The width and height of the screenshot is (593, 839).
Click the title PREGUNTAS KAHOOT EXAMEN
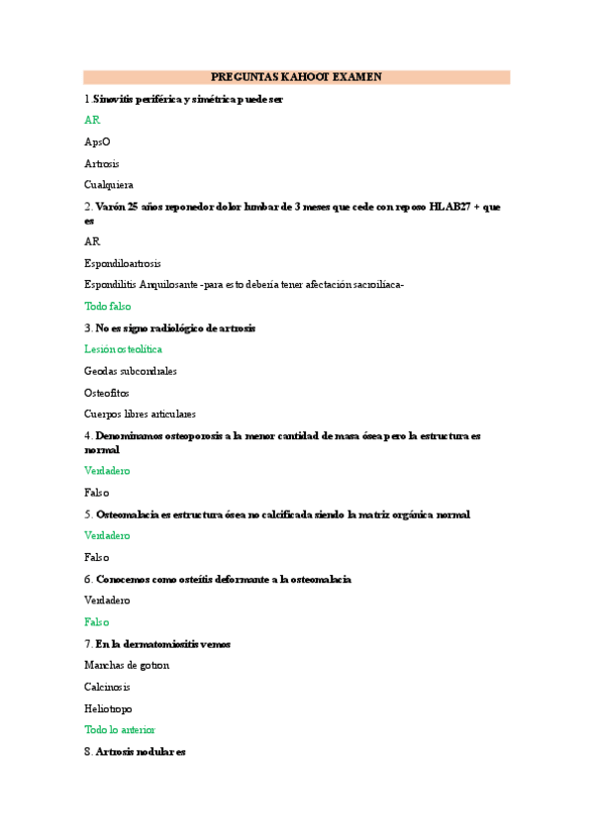click(296, 77)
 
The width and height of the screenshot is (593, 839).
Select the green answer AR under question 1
click(92, 120)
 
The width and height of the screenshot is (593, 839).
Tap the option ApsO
click(97, 141)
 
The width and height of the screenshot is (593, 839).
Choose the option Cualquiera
click(109, 185)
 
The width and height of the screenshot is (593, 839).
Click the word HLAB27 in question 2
click(451, 207)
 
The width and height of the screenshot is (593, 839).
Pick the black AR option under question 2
click(92, 241)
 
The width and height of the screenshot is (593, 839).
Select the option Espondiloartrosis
click(123, 263)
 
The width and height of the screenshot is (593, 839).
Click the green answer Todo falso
click(108, 307)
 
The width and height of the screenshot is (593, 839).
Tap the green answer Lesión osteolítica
click(124, 349)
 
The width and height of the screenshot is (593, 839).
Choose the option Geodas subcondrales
click(131, 371)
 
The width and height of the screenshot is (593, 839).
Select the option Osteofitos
click(107, 393)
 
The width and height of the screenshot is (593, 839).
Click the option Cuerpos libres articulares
click(140, 415)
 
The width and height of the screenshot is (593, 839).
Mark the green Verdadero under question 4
click(107, 471)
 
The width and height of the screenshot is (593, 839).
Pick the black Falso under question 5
click(97, 557)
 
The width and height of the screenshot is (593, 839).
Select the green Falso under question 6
click(97, 622)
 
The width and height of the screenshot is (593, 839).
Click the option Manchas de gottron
click(127, 666)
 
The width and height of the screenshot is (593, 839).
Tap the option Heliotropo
click(108, 709)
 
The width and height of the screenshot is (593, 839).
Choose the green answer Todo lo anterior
click(120, 730)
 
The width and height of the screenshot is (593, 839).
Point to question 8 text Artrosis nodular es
click(141, 753)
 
